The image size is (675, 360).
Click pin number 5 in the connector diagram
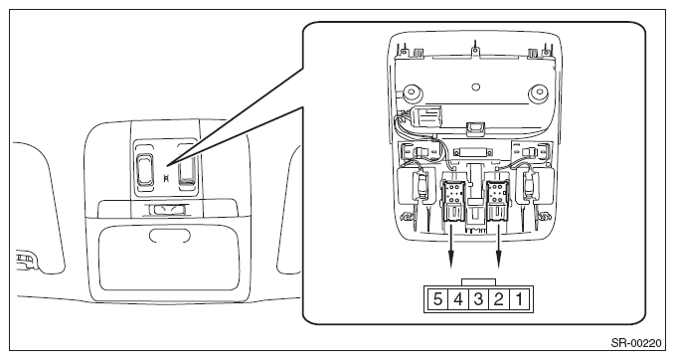pyautogui.click(x=437, y=299)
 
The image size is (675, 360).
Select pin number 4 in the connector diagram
pyautogui.click(x=458, y=299)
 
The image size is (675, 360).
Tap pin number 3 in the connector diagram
pyautogui.click(x=478, y=299)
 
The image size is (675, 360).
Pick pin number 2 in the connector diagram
pyautogui.click(x=498, y=299)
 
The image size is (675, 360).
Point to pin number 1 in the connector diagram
pyautogui.click(x=519, y=299)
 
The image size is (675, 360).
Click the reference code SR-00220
pyautogui.click(x=636, y=343)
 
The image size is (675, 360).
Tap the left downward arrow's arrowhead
pyautogui.click(x=451, y=261)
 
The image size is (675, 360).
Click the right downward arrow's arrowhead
pyautogui.click(x=499, y=261)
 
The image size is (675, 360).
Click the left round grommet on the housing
pyautogui.click(x=414, y=92)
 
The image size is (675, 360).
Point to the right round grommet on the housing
pyautogui.click(x=539, y=92)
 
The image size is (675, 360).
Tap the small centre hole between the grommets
pyautogui.click(x=476, y=87)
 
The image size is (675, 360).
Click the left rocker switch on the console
pyautogui.click(x=145, y=169)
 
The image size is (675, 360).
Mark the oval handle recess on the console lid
pyautogui.click(x=170, y=235)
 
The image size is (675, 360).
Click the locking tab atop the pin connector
pyautogui.click(x=478, y=282)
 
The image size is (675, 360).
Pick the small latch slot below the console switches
pyautogui.click(x=168, y=209)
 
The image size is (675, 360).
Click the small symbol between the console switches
pyautogui.click(x=166, y=177)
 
